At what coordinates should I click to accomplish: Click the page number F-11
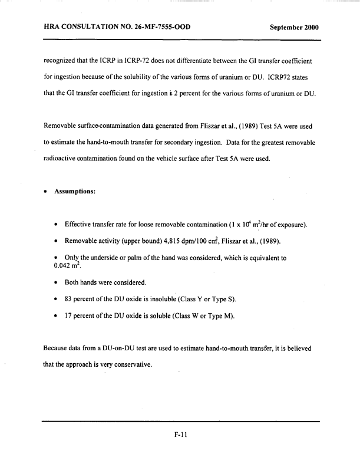pyautogui.click(x=180, y=436)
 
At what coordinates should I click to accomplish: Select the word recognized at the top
pyautogui.click(x=60, y=61)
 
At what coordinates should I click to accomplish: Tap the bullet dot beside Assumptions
pyautogui.click(x=45, y=192)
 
